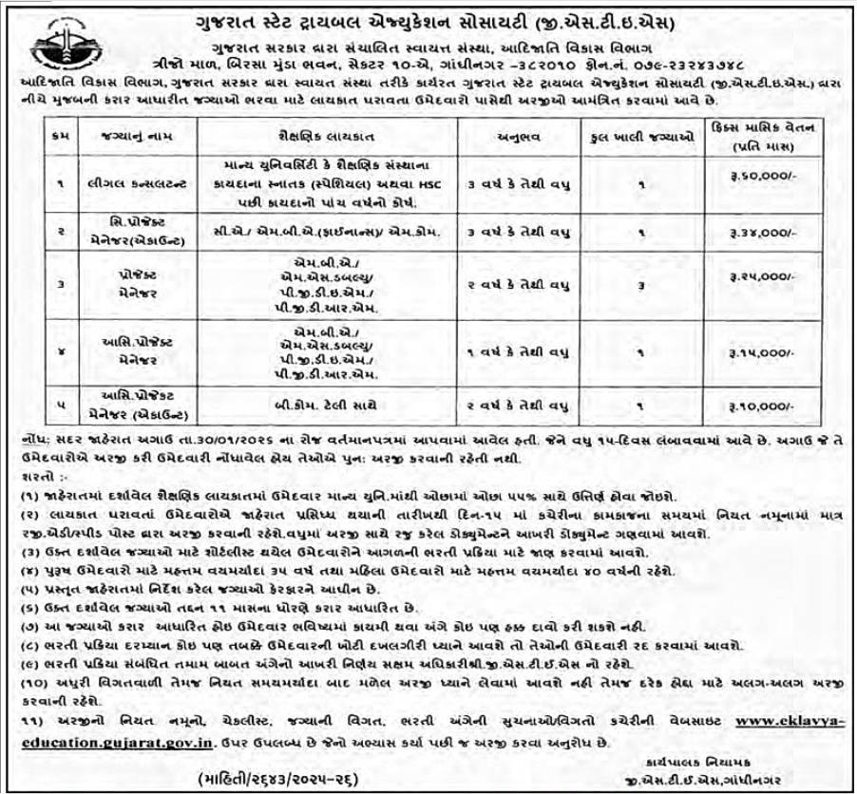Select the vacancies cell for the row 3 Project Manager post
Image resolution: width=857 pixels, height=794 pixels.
[x=642, y=282]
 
